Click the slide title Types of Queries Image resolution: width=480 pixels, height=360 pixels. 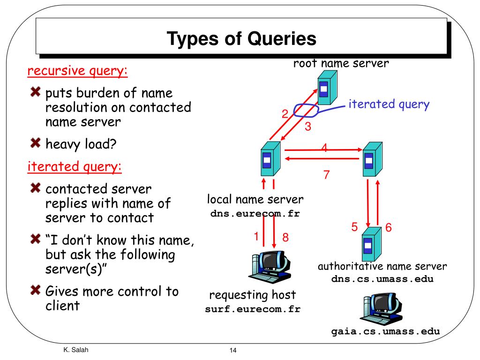pyautogui.click(x=241, y=39)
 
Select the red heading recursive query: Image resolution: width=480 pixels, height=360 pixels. pyautogui.click(x=77, y=71)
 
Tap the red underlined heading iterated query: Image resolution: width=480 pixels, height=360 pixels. pyautogui.click(x=75, y=167)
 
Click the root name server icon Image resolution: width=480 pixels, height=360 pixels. pyautogui.click(x=327, y=88)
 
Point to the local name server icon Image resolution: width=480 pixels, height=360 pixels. pyautogui.click(x=270, y=158)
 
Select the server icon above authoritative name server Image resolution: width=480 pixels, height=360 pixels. pyautogui.click(x=372, y=244)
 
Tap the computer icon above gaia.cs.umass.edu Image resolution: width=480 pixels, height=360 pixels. pyautogui.click(x=382, y=308)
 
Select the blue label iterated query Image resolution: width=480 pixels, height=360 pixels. pyautogui.click(x=389, y=105)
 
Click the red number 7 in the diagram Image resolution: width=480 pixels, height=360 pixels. pyautogui.click(x=327, y=175)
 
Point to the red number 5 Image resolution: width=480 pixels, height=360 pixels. pyautogui.click(x=354, y=227)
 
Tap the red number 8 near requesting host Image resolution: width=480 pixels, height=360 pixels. pyautogui.click(x=285, y=237)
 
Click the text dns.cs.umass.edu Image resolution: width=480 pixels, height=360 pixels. pyautogui.click(x=382, y=279)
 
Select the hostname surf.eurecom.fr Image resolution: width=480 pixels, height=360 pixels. pyautogui.click(x=253, y=309)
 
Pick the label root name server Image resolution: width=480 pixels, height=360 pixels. pyautogui.click(x=341, y=63)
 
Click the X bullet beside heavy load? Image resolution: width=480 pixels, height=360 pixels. pyautogui.click(x=36, y=142)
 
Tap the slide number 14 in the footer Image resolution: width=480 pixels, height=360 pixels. pyautogui.click(x=233, y=351)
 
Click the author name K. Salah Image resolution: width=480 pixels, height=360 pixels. pyautogui.click(x=76, y=350)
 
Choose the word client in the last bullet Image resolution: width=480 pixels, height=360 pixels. pyautogui.click(x=63, y=306)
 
